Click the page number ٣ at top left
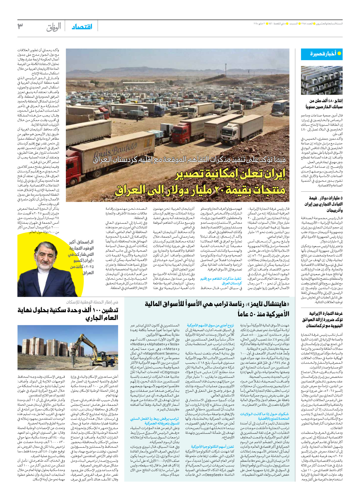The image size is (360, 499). pyautogui.click(x=20, y=26)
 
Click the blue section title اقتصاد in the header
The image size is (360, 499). pyautogui.click(x=82, y=27)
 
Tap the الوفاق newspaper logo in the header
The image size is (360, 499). pyautogui.click(x=54, y=27)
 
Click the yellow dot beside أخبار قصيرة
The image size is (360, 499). pyautogui.click(x=339, y=54)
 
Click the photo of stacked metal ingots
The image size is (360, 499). pyautogui.click(x=322, y=80)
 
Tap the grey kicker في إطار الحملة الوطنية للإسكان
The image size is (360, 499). pyautogui.click(x=92, y=302)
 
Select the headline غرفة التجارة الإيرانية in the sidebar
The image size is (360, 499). pyautogui.click(x=326, y=313)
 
